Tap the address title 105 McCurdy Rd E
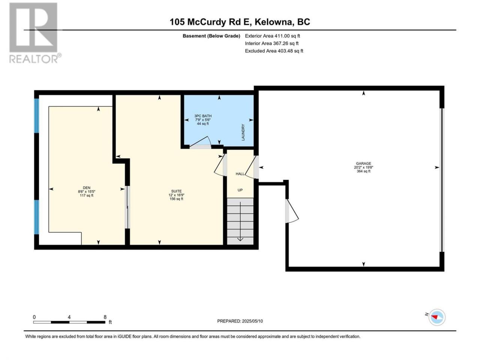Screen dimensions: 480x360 click(x=210, y=22)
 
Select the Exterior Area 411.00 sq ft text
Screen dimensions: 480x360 click(x=273, y=36)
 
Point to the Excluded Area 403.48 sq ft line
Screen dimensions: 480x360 click(x=274, y=51)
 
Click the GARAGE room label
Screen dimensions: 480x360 click(x=363, y=163)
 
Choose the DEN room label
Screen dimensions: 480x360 click(x=87, y=187)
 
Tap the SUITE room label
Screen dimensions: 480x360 click(x=176, y=191)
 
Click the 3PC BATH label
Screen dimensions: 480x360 click(x=203, y=116)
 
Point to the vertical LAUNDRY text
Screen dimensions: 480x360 click(x=243, y=132)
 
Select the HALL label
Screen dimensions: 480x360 click(x=240, y=174)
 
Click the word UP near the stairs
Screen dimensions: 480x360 click(x=240, y=190)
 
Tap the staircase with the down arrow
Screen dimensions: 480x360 click(x=240, y=221)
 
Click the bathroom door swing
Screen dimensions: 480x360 click(x=200, y=142)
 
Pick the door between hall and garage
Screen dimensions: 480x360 click(x=252, y=167)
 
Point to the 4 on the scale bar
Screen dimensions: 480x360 click(x=69, y=317)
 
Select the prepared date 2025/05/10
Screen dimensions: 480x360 click(x=252, y=321)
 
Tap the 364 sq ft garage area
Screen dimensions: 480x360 click(x=363, y=171)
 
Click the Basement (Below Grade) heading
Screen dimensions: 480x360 click(x=211, y=36)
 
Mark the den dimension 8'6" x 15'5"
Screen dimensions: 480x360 click(x=87, y=192)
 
